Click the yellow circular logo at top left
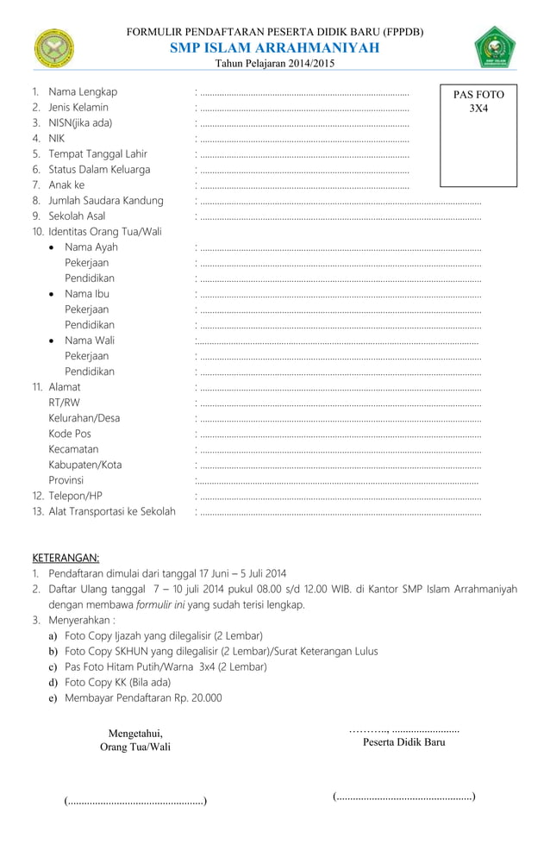pos(54,47)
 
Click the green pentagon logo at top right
pos(495,47)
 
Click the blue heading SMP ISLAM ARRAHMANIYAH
pos(274,48)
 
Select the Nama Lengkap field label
pos(83,92)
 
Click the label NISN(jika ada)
pos(80,123)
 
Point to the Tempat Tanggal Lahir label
pos(97,154)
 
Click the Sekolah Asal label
pos(77,216)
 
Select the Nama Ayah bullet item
pos(91,247)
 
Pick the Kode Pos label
pos(69,434)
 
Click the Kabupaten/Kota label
pos(84,465)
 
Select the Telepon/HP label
pos(75,496)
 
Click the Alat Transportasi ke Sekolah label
pos(111,511)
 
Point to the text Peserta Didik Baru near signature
pos(403,742)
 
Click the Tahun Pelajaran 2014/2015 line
pos(274,64)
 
